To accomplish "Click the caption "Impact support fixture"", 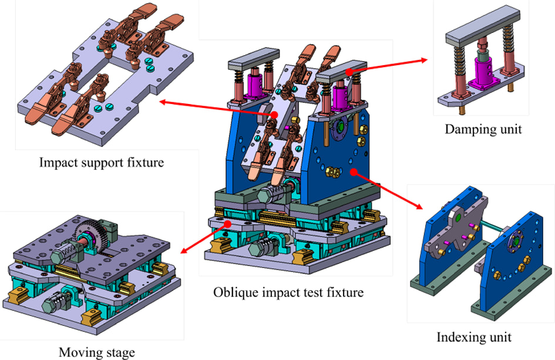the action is [x=102, y=163].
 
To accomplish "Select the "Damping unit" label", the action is [x=483, y=129].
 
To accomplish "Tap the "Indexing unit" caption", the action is [x=474, y=337].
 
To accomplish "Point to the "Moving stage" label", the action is [x=97, y=352].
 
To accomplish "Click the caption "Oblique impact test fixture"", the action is [x=288, y=292].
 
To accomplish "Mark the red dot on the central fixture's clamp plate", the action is [x=274, y=115].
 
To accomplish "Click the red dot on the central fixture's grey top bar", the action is [x=349, y=72].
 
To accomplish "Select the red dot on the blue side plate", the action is [x=353, y=172].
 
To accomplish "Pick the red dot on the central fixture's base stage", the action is [x=228, y=224].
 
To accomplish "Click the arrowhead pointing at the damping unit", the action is [x=425, y=60].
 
